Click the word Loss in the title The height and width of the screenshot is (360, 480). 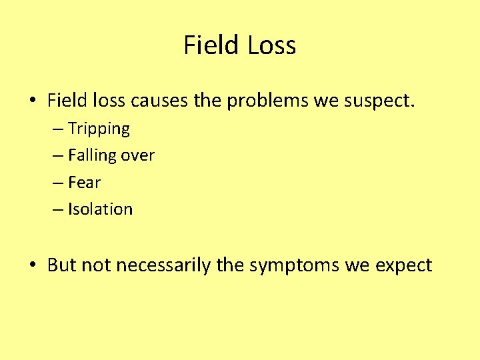(271, 45)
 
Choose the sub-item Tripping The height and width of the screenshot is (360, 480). (99, 129)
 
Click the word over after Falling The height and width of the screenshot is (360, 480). (138, 156)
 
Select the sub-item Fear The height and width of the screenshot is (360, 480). (84, 182)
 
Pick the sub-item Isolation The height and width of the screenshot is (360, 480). (100, 209)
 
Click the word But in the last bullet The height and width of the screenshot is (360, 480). (62, 265)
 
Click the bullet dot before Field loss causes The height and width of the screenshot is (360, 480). (32, 102)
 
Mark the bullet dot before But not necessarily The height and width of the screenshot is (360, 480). (32, 266)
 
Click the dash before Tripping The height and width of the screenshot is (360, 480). (56, 129)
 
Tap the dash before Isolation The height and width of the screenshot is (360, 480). (56, 209)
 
